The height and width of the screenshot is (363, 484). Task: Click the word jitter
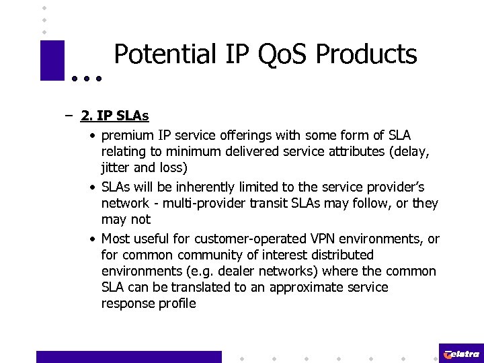116,167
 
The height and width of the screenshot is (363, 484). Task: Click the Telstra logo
461,354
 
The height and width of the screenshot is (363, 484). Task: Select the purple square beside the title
52,61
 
